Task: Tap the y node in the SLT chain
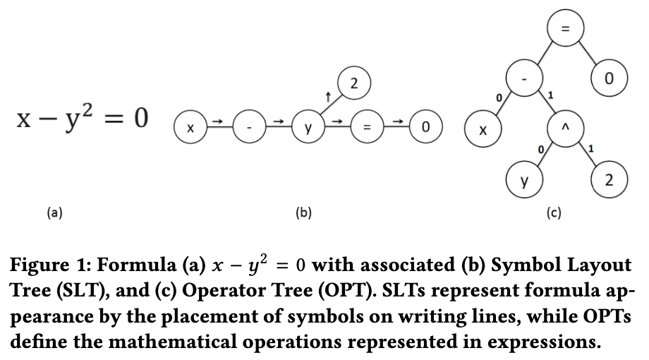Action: click(x=308, y=128)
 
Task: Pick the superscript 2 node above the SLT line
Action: click(x=353, y=83)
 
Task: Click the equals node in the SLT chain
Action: click(x=366, y=128)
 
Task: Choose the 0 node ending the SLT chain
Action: click(x=425, y=128)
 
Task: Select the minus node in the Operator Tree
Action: click(x=523, y=78)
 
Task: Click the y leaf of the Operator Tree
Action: click(x=523, y=181)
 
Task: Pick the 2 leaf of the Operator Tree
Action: click(x=609, y=181)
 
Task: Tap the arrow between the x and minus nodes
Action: click(x=219, y=123)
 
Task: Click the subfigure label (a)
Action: click(x=54, y=210)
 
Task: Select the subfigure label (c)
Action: click(x=554, y=211)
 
